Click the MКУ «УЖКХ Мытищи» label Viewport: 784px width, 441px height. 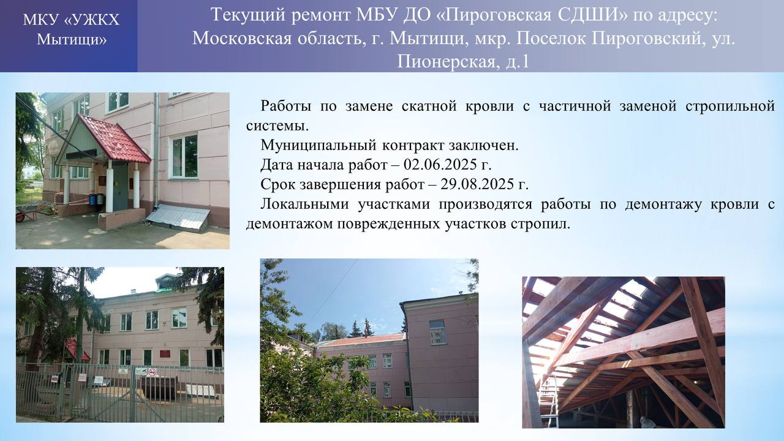point(71,29)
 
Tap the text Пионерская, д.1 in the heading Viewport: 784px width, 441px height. point(463,62)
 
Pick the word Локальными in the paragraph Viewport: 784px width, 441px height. point(304,204)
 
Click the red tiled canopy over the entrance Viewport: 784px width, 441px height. point(116,138)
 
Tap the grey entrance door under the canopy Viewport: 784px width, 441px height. point(120,187)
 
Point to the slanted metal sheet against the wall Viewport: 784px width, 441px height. point(178,217)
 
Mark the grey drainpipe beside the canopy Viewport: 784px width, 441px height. point(156,151)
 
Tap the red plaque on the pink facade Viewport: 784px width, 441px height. point(164,353)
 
